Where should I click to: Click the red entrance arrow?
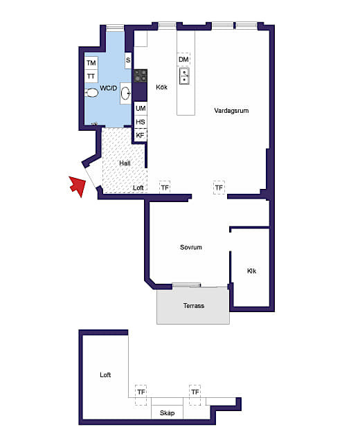point(78,185)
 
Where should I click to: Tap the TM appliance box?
point(91,63)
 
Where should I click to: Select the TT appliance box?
point(91,76)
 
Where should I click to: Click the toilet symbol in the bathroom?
point(91,93)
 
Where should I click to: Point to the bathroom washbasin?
point(125,93)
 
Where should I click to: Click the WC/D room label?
point(109,89)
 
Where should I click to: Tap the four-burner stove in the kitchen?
point(141,76)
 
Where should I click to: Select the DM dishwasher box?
point(183,60)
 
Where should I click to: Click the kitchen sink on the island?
point(184,75)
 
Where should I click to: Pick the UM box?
point(141,108)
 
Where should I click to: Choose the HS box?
point(141,122)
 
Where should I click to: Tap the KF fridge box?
point(141,135)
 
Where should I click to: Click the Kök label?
point(161,87)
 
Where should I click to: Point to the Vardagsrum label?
point(231,111)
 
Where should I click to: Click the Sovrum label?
point(191,247)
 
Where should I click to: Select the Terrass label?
point(194,306)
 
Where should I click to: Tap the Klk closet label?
point(251,271)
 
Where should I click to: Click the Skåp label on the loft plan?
point(168,413)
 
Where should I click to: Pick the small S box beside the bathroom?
point(128,60)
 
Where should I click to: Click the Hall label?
point(125,163)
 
